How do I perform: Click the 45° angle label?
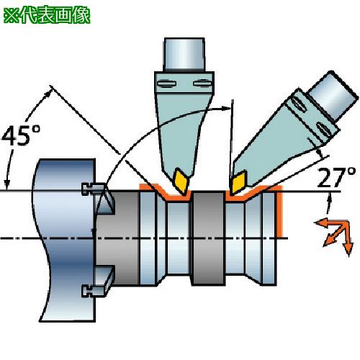click(x=21, y=135)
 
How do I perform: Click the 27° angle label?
click(x=336, y=178)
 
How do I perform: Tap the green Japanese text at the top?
click(x=47, y=16)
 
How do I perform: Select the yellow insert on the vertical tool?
click(x=181, y=181)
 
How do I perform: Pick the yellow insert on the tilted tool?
click(x=238, y=183)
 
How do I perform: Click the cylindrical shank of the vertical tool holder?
click(x=184, y=54)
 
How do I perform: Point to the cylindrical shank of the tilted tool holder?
click(x=333, y=95)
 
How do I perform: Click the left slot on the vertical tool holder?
click(x=166, y=84)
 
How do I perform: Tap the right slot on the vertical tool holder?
click(x=202, y=84)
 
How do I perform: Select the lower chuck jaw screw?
click(x=93, y=291)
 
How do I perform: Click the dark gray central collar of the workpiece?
click(x=209, y=238)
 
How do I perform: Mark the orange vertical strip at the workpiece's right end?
click(x=280, y=211)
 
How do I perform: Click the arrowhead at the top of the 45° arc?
click(x=48, y=94)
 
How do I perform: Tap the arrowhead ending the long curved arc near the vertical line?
click(x=224, y=108)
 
